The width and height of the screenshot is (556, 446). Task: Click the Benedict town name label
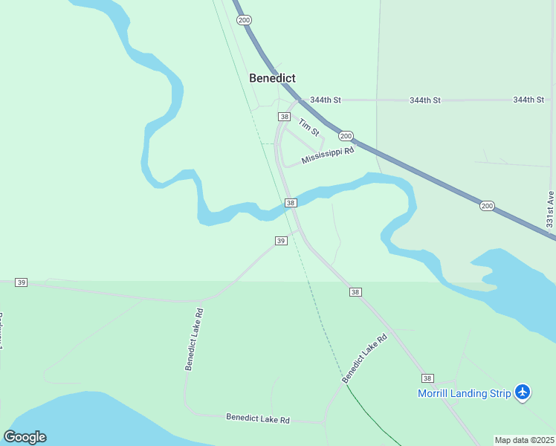pyautogui.click(x=272, y=78)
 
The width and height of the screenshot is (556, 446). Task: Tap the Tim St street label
pyautogui.click(x=308, y=127)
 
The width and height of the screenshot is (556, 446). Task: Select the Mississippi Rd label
pyautogui.click(x=328, y=155)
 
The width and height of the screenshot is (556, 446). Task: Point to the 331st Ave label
pyautogui.click(x=550, y=210)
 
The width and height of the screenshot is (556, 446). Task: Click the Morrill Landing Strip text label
pyautogui.click(x=464, y=393)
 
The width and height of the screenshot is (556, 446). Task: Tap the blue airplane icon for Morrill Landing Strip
pyautogui.click(x=523, y=392)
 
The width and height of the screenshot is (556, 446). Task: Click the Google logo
pyautogui.click(x=25, y=437)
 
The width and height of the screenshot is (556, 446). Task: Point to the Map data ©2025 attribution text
pyautogui.click(x=524, y=440)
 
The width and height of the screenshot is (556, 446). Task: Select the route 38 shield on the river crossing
pyautogui.click(x=291, y=203)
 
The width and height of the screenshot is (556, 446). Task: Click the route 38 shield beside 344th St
pyautogui.click(x=284, y=117)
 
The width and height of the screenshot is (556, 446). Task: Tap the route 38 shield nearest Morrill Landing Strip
pyautogui.click(x=427, y=378)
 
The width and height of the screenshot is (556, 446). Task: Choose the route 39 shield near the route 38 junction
pyautogui.click(x=281, y=241)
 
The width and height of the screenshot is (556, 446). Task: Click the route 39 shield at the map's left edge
pyautogui.click(x=22, y=282)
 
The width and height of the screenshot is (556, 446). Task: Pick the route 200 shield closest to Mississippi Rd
pyautogui.click(x=346, y=136)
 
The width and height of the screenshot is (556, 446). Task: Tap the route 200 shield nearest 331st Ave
pyautogui.click(x=486, y=206)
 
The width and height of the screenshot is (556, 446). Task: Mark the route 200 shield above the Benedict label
pyautogui.click(x=245, y=20)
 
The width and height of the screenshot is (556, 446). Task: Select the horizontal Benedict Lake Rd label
pyautogui.click(x=258, y=419)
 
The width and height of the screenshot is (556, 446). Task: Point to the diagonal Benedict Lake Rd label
pyautogui.click(x=365, y=358)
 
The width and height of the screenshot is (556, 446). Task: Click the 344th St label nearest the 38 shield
pyautogui.click(x=326, y=100)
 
